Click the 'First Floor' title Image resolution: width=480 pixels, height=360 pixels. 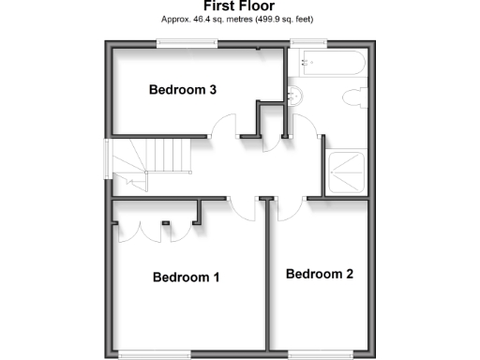[239, 6]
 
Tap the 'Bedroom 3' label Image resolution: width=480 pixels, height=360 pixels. [184, 90]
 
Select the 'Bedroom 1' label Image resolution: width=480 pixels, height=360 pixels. [186, 277]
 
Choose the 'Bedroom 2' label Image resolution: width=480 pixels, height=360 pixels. [320, 275]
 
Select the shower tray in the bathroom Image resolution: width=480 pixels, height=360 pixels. [346, 172]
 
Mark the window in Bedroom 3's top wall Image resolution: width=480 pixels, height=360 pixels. [186, 41]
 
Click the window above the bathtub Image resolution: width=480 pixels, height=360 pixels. [307, 41]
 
